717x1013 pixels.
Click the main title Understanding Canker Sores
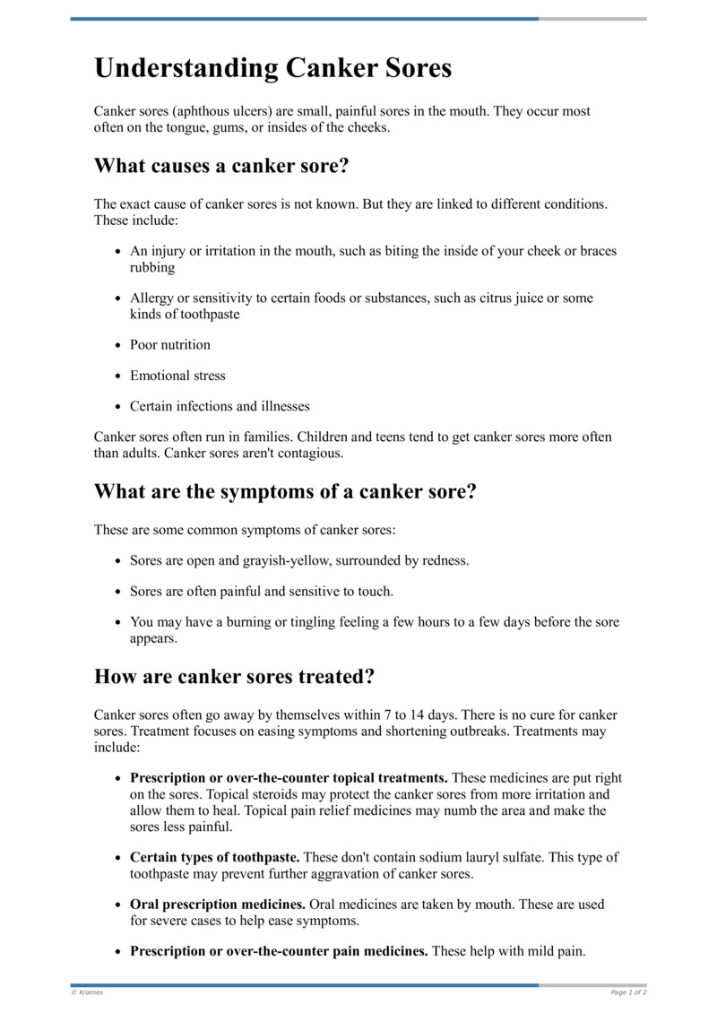pyautogui.click(x=272, y=69)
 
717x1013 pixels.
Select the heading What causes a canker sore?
pyautogui.click(x=221, y=166)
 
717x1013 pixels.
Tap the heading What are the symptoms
pyautogui.click(x=284, y=492)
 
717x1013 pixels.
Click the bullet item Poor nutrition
pyautogui.click(x=170, y=345)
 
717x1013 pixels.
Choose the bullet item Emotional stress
pyautogui.click(x=177, y=376)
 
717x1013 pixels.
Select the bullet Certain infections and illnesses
pyautogui.click(x=220, y=406)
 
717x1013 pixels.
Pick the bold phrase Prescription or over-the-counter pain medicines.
pyautogui.click(x=279, y=951)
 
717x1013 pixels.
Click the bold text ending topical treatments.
pyautogui.click(x=289, y=778)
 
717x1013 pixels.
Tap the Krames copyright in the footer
pyautogui.click(x=87, y=992)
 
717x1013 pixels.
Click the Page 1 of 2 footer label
pyautogui.click(x=628, y=992)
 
